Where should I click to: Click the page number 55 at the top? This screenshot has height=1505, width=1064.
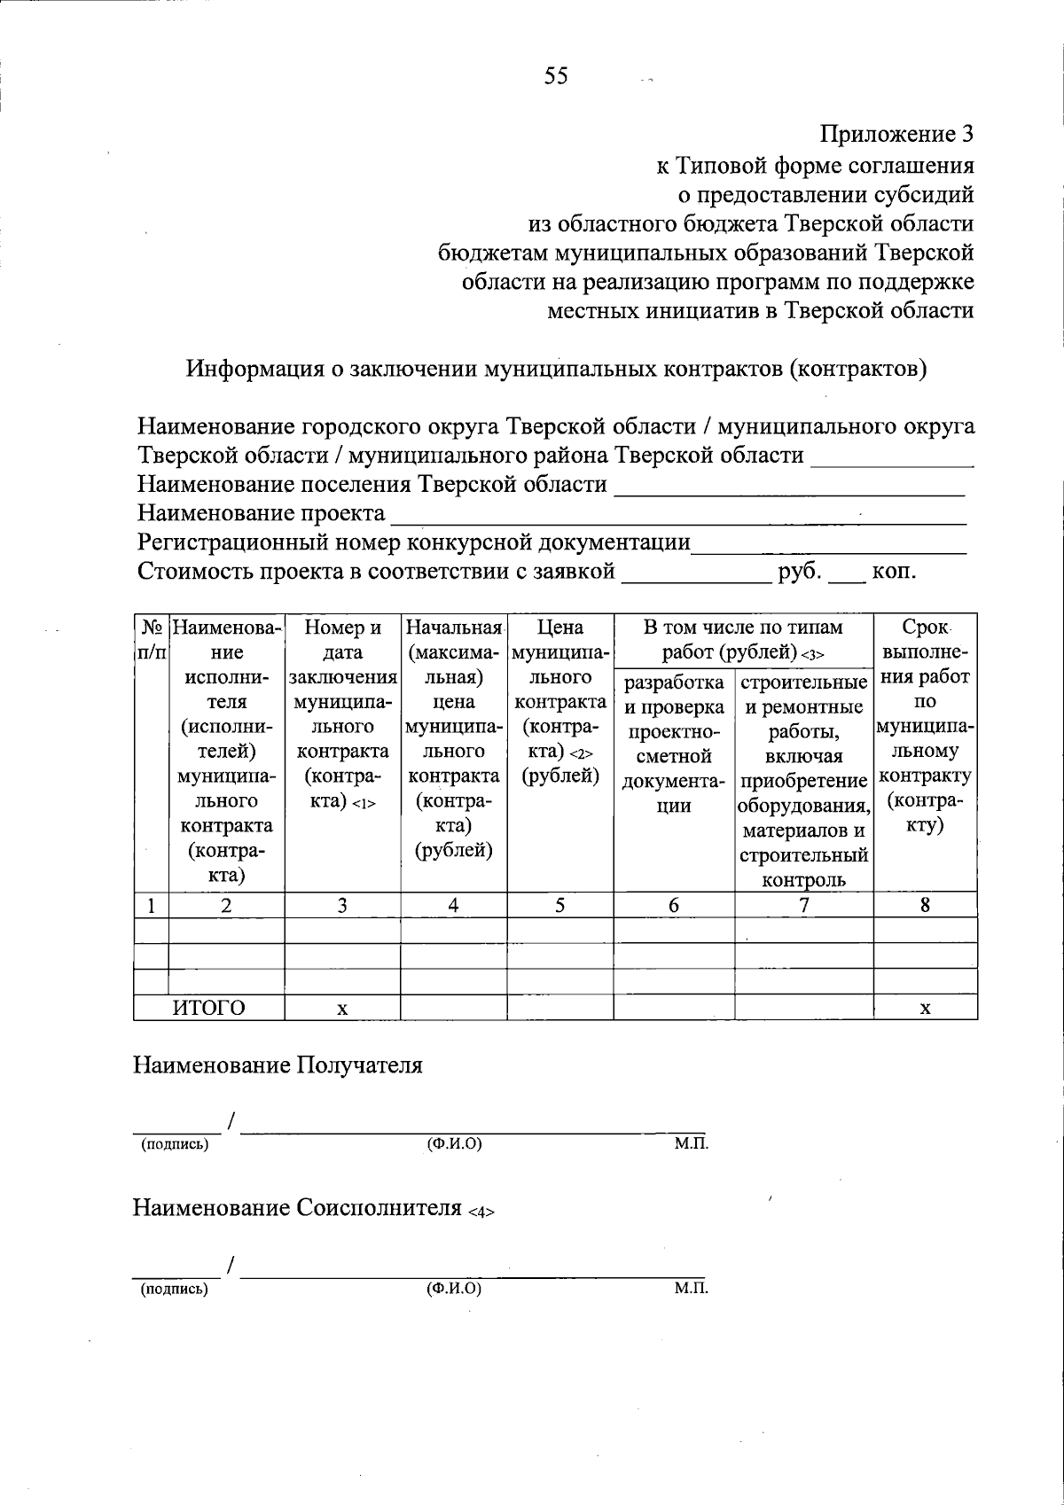point(556,76)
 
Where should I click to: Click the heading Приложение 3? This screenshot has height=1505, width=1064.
point(896,135)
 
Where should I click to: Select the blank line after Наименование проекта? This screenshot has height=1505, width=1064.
point(678,516)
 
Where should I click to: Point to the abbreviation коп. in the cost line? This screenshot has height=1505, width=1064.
point(894,571)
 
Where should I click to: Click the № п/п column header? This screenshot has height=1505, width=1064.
point(151,640)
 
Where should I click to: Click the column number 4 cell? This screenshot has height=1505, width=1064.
point(453,905)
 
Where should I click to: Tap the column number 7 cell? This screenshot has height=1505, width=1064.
point(803,905)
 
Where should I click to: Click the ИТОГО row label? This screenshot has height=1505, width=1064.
point(208,1008)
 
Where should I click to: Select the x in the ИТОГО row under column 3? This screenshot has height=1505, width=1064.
point(342,1009)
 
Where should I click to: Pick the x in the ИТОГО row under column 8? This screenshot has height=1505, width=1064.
point(925,1009)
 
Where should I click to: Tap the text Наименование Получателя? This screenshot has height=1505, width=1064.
point(278,1064)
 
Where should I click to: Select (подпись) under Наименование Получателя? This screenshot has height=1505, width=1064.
point(175,1144)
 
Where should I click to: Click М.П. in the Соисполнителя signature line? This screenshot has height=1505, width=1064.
point(691,1288)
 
